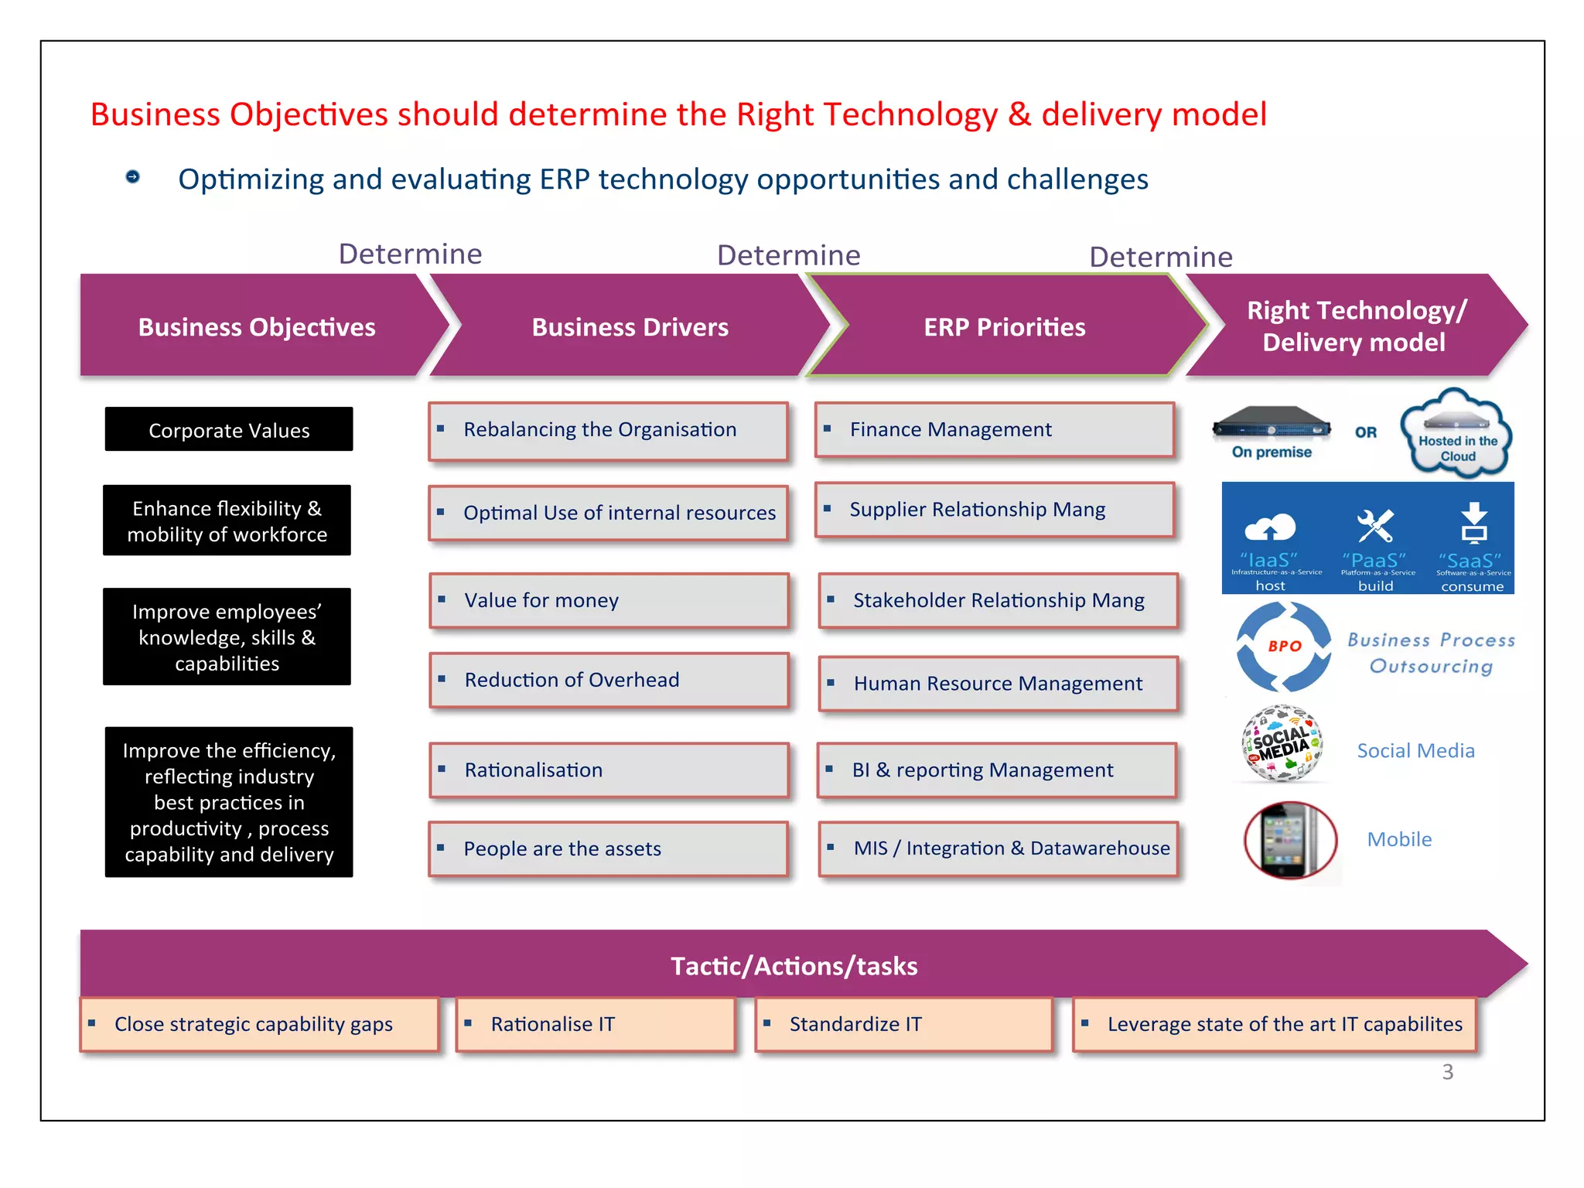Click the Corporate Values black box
[x=229, y=429]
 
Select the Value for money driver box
[x=609, y=600]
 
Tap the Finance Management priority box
[x=995, y=429]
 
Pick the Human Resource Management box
[x=998, y=683]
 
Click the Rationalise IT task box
[x=595, y=1024]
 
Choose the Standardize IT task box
[x=903, y=1024]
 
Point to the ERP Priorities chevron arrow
[x=1004, y=326]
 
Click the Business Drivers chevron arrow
[x=630, y=326]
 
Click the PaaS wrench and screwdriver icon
[x=1375, y=526]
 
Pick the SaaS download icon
[x=1474, y=523]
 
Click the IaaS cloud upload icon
[x=1270, y=527]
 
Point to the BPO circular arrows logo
[x=1284, y=647]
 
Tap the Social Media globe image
[x=1282, y=743]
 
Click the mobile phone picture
[x=1290, y=840]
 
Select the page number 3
[x=1448, y=1072]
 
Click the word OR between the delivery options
[x=1366, y=432]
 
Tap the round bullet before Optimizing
[x=133, y=177]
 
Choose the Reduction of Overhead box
[x=609, y=680]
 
